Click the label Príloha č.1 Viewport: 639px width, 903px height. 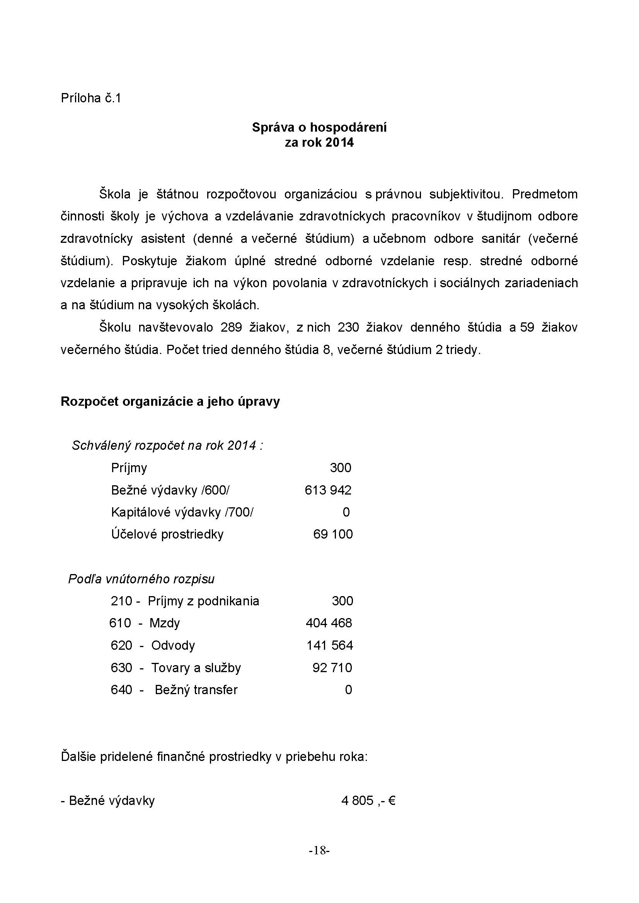[90, 98]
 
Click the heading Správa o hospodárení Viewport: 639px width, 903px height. [319, 127]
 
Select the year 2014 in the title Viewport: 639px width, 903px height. [339, 142]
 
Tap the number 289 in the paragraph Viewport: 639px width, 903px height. [231, 327]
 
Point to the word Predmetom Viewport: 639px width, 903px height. [545, 194]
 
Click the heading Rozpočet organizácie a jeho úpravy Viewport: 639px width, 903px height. [170, 402]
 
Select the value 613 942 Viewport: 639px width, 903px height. [327, 490]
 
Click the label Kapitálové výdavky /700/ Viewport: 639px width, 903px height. [182, 512]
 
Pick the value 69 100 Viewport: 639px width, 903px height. [333, 534]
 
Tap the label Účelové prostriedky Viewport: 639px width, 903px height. [167, 534]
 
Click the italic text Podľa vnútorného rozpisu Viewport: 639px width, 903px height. [141, 579]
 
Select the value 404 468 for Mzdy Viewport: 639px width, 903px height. [329, 623]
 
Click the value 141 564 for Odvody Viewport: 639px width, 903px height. [329, 645]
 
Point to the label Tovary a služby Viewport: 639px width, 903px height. [196, 668]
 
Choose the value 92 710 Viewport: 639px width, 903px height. [332, 668]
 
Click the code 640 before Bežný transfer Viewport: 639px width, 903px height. [121, 690]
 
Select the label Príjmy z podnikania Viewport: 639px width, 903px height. [203, 601]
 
